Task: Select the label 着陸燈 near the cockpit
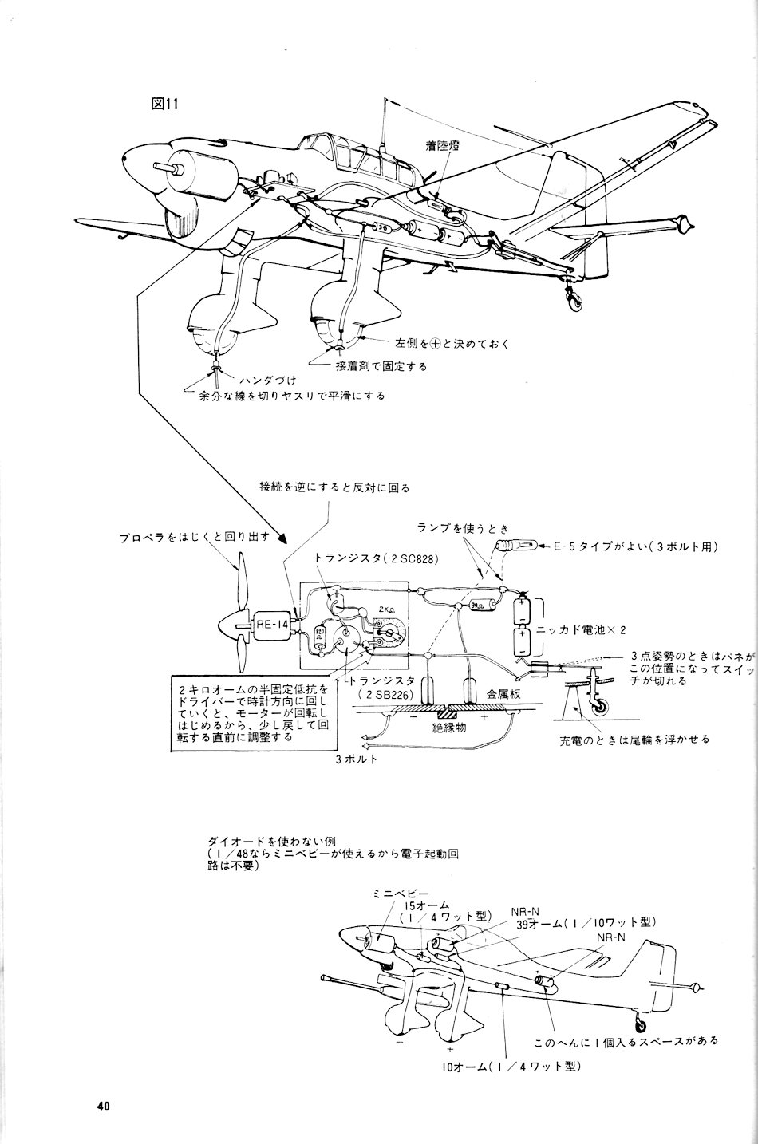click(444, 146)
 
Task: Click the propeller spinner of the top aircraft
click(150, 169)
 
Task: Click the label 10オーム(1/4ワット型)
click(511, 1066)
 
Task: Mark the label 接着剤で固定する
click(380, 366)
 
